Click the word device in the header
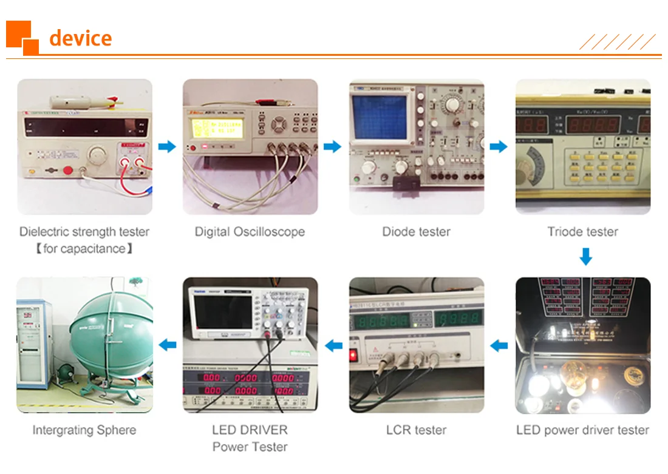(x=80, y=38)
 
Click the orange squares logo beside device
(x=22, y=38)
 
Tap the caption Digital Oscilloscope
(x=250, y=232)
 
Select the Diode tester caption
(x=416, y=232)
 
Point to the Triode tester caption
(x=582, y=232)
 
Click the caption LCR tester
(x=416, y=430)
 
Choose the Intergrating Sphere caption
(x=84, y=430)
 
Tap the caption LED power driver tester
(x=582, y=430)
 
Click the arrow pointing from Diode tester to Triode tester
(x=499, y=146)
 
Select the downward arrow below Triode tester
(x=585, y=257)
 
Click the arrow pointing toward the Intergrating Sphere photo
(x=168, y=345)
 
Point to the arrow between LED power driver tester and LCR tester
(x=499, y=345)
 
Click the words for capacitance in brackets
(x=84, y=249)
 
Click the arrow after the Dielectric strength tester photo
(x=166, y=146)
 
